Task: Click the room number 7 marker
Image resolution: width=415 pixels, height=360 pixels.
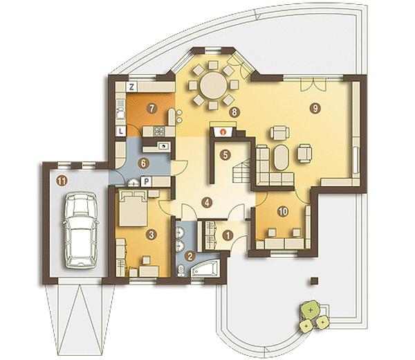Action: (151, 108)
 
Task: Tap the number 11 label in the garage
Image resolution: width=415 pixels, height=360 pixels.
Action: (62, 181)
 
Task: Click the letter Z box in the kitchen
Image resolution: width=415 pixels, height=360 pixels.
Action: (131, 87)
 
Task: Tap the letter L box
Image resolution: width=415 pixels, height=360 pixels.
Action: (121, 131)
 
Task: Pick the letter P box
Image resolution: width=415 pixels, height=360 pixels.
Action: (147, 181)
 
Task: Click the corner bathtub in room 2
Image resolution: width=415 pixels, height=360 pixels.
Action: (204, 268)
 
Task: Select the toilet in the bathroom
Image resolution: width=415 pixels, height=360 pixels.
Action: (182, 271)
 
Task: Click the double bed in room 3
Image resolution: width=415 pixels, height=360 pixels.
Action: (133, 208)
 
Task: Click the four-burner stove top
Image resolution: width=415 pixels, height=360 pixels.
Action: (160, 130)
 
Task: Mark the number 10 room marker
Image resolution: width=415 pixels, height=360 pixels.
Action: (283, 211)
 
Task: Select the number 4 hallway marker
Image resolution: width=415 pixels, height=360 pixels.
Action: (207, 203)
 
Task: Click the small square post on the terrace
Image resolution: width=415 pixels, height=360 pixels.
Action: (315, 281)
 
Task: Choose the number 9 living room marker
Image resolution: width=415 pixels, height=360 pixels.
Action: (315, 108)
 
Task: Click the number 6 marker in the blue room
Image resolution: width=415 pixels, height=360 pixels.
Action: (143, 163)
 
